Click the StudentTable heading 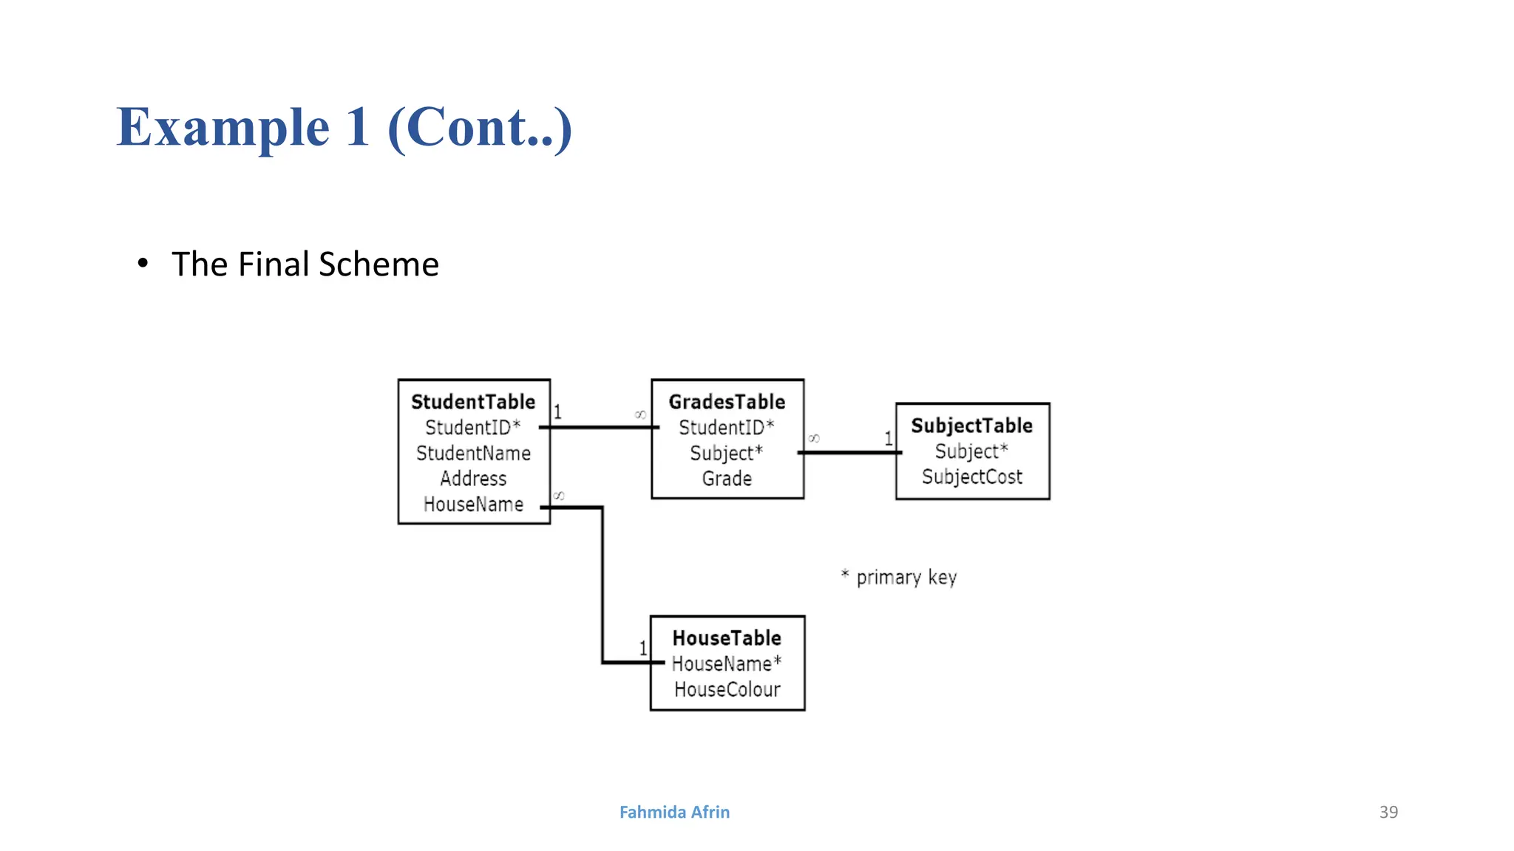[x=473, y=402]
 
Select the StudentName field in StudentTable [x=473, y=454]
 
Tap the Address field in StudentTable [x=473, y=479]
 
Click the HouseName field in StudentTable [x=473, y=505]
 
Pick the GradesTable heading [x=727, y=402]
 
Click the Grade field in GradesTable [x=727, y=479]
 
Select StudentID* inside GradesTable [x=726, y=428]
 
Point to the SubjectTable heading [x=971, y=425]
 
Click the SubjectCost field [x=971, y=477]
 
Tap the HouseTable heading [x=727, y=638]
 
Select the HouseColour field [x=727, y=690]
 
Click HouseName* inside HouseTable [x=726, y=664]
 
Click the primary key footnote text [x=906, y=577]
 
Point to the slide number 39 [x=1388, y=812]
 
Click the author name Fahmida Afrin [x=674, y=812]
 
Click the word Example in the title [x=223, y=128]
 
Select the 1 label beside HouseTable [x=643, y=648]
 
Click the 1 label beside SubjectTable [x=889, y=438]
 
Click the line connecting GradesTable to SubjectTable [x=850, y=452]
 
